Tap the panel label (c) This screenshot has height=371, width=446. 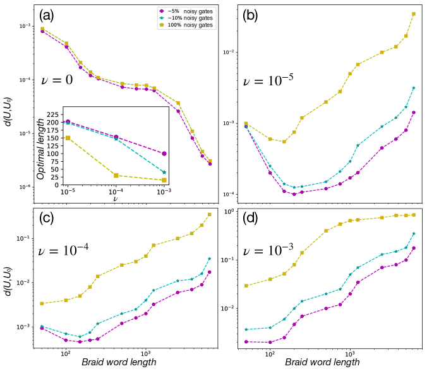coord(49,218)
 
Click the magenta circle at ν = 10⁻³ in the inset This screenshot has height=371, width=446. coord(164,154)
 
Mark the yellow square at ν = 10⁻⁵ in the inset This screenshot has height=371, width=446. coord(68,138)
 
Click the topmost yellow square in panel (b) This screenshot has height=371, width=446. coord(414,14)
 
